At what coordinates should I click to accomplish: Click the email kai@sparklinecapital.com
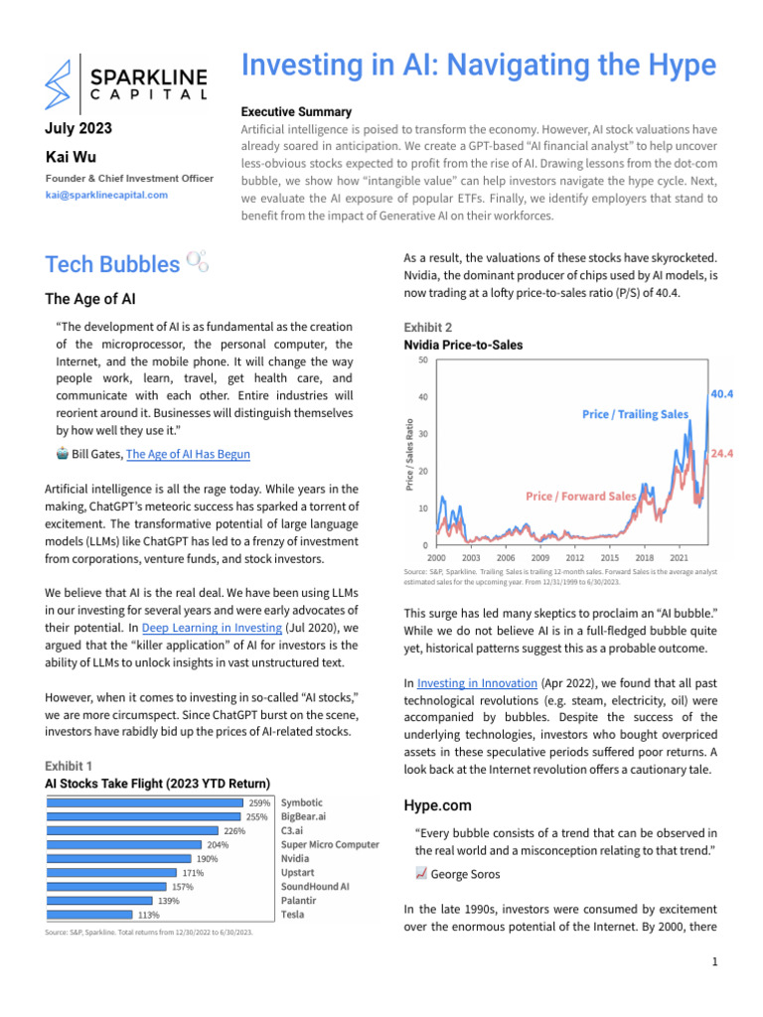[x=106, y=195]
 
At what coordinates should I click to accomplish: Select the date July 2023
[x=79, y=128]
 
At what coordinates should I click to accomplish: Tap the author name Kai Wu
[x=71, y=157]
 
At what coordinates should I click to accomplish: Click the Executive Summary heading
[x=296, y=111]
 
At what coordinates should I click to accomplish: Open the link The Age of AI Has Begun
[x=188, y=454]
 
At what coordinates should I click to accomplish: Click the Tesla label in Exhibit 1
[x=293, y=914]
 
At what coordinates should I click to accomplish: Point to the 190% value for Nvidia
[x=207, y=859]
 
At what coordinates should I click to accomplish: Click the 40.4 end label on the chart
[x=722, y=394]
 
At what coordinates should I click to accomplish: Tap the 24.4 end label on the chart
[x=722, y=453]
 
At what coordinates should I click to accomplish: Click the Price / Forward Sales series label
[x=581, y=496]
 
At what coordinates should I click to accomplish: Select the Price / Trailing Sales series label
[x=635, y=414]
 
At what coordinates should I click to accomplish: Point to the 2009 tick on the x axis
[x=540, y=559]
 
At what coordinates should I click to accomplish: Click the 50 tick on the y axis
[x=422, y=360]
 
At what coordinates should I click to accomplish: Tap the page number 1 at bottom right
[x=713, y=962]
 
